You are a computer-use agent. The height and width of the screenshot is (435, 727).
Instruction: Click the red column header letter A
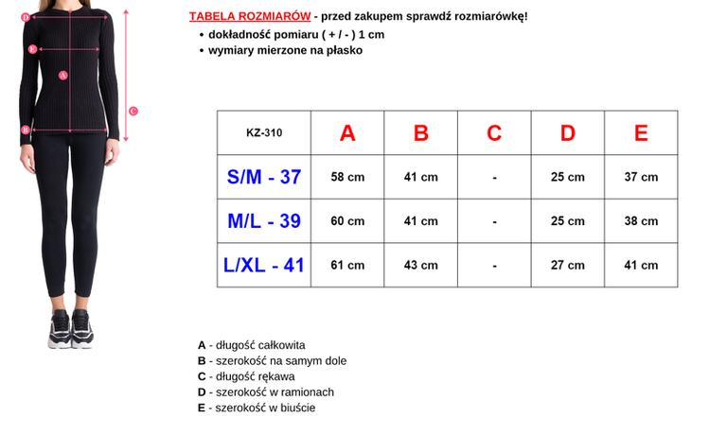click(347, 133)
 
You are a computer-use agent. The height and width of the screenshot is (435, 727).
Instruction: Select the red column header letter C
click(494, 133)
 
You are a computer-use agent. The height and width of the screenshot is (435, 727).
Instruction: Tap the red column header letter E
click(641, 133)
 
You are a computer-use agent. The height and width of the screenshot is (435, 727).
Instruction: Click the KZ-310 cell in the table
click(264, 133)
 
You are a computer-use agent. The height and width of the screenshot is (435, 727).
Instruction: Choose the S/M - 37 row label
click(264, 177)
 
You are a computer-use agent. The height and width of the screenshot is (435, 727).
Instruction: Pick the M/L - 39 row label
click(264, 221)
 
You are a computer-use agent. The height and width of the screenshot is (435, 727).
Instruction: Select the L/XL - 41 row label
click(264, 266)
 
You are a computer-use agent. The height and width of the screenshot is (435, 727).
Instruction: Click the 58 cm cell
click(347, 178)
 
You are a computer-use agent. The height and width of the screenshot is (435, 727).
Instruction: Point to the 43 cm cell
click(421, 266)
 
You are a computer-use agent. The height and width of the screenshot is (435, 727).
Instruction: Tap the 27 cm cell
click(568, 266)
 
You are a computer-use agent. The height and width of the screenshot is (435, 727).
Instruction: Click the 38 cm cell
click(641, 221)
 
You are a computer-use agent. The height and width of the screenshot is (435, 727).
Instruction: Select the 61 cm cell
click(347, 266)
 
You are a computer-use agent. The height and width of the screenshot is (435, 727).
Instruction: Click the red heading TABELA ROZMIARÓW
click(250, 17)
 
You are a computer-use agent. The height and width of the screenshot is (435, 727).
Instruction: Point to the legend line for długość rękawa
click(246, 376)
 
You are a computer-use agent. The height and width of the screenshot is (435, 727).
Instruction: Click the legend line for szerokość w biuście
click(257, 408)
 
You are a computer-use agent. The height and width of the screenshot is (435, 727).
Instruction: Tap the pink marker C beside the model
click(133, 111)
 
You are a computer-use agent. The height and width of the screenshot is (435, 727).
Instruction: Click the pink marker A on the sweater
click(63, 75)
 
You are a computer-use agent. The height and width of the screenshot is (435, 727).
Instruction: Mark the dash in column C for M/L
click(494, 221)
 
